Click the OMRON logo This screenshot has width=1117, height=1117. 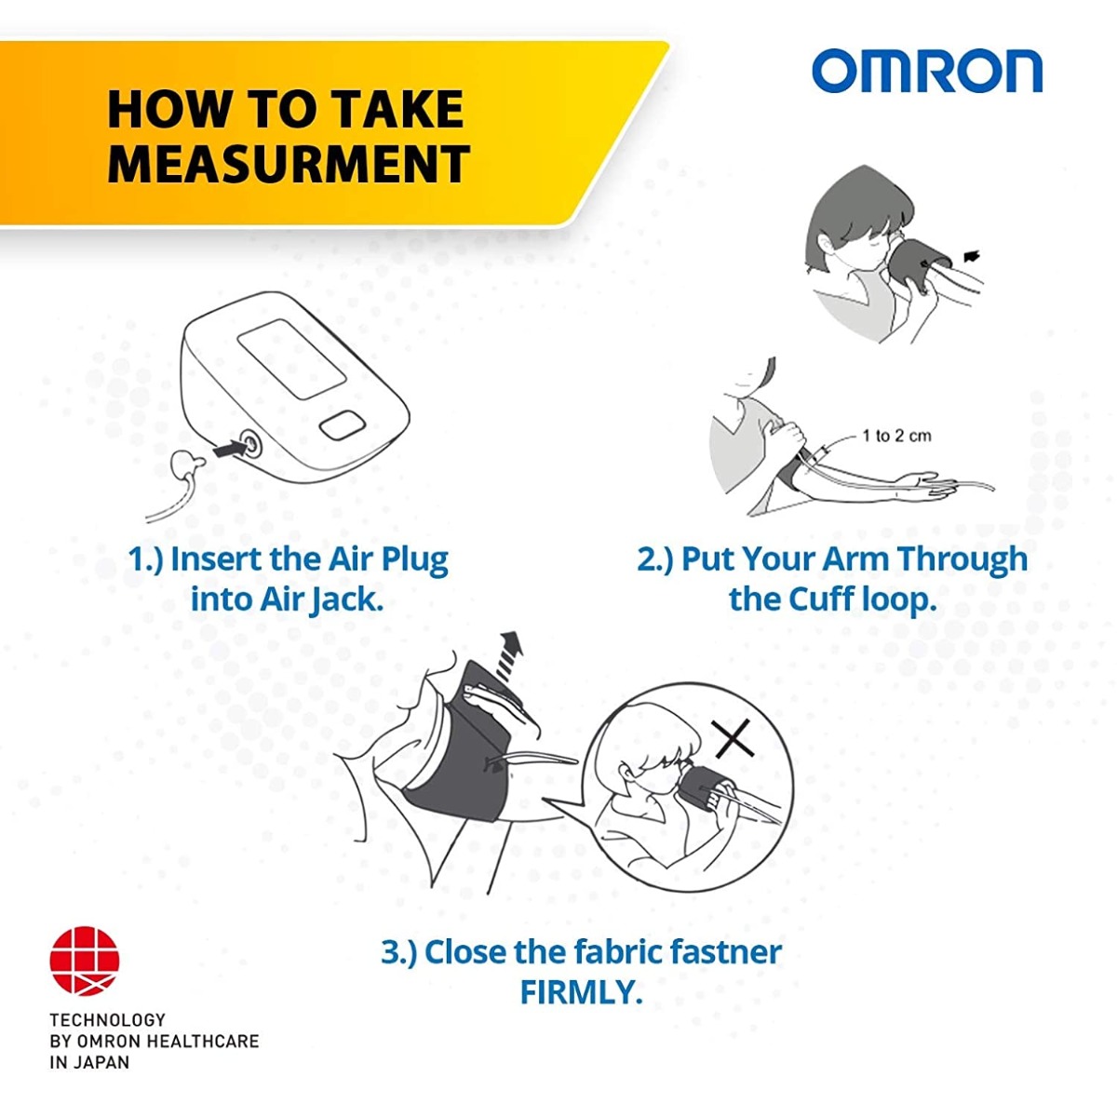(x=926, y=72)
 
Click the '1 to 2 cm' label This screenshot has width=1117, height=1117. (x=895, y=436)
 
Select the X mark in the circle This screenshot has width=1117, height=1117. (x=733, y=741)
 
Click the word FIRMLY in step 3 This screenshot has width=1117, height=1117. (x=581, y=992)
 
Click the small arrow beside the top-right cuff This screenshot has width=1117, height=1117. (x=972, y=256)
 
